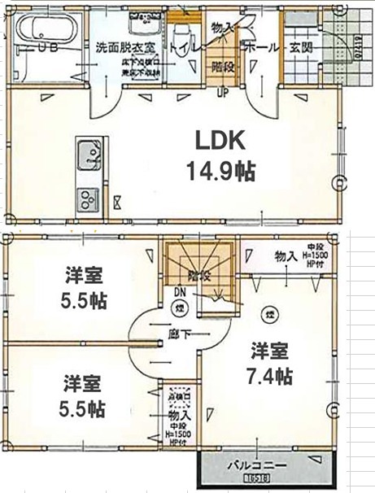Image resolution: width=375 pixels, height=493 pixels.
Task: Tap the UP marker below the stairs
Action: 220,90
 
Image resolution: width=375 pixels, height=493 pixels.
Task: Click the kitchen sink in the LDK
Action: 87,152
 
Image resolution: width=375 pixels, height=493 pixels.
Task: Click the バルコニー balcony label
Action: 255,468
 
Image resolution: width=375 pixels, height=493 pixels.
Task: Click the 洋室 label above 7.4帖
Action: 270,351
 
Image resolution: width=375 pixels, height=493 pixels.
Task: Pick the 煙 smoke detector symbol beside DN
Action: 180,308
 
